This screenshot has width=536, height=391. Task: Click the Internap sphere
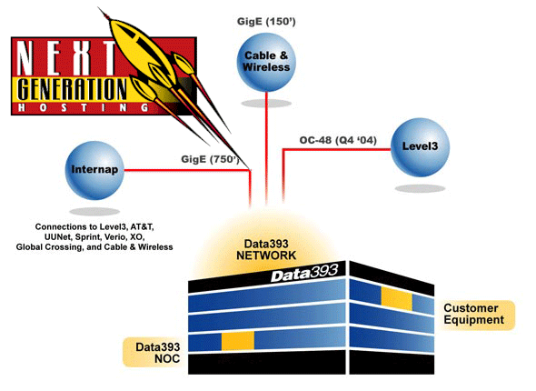[x=94, y=170]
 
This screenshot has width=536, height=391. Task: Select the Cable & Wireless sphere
[x=266, y=62]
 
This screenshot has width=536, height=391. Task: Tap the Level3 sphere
[x=420, y=147]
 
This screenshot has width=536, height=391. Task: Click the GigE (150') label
[x=266, y=22]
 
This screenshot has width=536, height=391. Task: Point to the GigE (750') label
[x=210, y=159]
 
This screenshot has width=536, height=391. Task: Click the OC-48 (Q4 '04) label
[x=338, y=140]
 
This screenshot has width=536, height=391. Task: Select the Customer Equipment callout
[x=476, y=315]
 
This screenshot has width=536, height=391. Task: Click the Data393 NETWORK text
[x=266, y=250]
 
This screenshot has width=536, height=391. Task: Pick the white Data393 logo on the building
[x=304, y=273]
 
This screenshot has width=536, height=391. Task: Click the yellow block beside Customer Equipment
[x=396, y=298]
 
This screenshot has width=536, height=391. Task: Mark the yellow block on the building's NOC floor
[x=238, y=341]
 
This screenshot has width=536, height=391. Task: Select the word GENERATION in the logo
[x=72, y=88]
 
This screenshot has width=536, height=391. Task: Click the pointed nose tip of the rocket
[x=99, y=7]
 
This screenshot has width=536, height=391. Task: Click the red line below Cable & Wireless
[x=266, y=148]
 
